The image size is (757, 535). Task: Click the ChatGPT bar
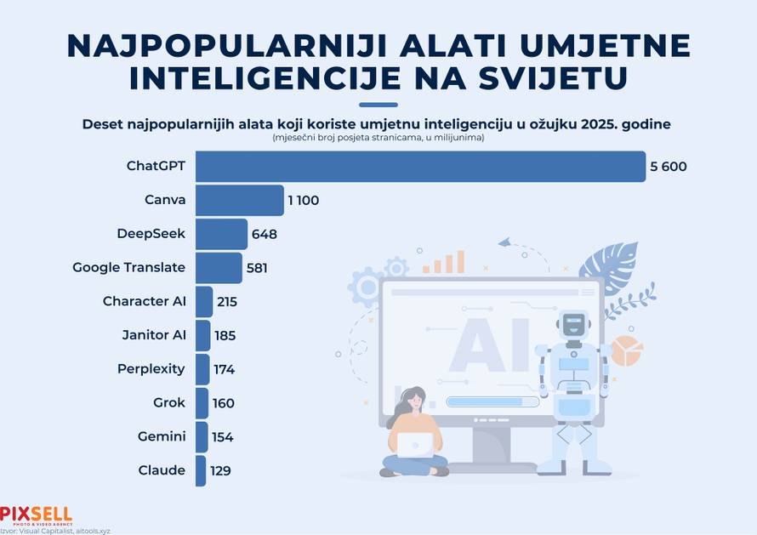pos(420,166)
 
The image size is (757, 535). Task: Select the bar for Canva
pos(239,200)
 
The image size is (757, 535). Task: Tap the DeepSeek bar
pos(221,234)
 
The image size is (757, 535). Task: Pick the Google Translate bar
pos(219,267)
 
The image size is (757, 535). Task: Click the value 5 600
pos(668,167)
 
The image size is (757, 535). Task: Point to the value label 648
pos(264,234)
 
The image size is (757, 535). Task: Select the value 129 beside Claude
pos(220,470)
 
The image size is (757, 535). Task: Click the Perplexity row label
pos(151,369)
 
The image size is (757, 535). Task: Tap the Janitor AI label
pos(154,335)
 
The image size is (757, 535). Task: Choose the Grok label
pos(169,403)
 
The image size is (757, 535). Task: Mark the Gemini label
pos(161,436)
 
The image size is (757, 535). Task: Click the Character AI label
pos(144,301)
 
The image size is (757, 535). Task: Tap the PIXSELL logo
pos(36,515)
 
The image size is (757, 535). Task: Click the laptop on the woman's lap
pos(415,444)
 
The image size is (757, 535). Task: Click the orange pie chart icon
pos(627,350)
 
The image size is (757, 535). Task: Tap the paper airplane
pos(505,242)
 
